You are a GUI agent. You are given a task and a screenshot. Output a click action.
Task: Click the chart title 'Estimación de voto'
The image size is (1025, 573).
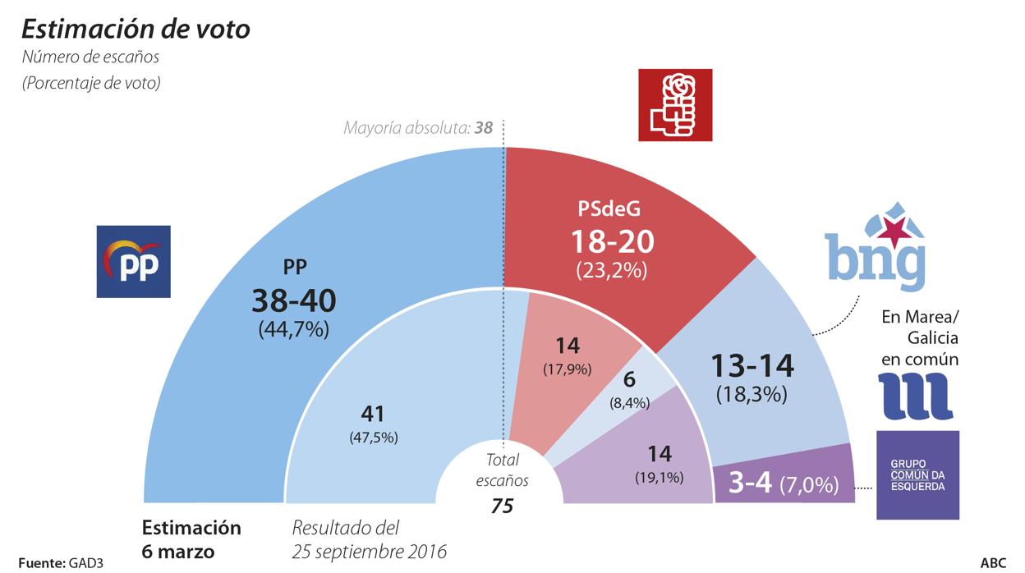click(x=136, y=30)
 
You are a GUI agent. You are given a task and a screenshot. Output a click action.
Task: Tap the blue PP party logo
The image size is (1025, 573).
click(x=134, y=261)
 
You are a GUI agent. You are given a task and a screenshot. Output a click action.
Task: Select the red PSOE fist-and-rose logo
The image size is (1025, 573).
click(x=675, y=105)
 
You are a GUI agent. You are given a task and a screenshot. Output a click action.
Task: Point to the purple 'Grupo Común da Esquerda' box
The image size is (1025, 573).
click(x=917, y=474)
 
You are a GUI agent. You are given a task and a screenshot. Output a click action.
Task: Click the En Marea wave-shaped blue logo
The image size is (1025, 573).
click(x=915, y=395)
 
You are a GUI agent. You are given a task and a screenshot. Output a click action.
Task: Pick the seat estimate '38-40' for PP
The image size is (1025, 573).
click(x=294, y=301)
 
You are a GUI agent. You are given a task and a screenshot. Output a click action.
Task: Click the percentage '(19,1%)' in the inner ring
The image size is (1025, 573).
click(x=659, y=476)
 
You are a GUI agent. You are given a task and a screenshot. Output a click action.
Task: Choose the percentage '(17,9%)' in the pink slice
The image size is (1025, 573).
click(x=567, y=369)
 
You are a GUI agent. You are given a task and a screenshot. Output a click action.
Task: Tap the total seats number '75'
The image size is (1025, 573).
click(x=502, y=507)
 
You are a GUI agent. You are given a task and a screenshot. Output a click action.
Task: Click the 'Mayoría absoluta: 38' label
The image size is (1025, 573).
click(x=418, y=128)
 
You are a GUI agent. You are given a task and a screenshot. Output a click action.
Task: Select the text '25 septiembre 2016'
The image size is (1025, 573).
click(x=370, y=551)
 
